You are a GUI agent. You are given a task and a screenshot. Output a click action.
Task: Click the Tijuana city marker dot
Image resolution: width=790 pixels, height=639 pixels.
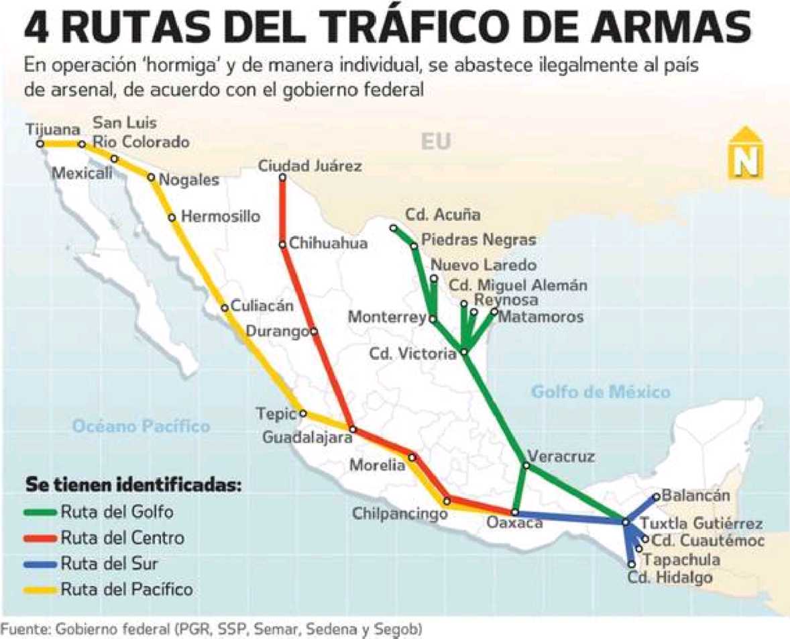40,144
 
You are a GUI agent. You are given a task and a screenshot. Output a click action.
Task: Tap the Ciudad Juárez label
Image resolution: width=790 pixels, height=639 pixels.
310,166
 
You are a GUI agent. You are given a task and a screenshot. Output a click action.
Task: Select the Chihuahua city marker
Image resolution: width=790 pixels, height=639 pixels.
283,245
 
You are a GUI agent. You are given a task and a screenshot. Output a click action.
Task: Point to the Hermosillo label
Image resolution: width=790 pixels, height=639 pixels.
220,217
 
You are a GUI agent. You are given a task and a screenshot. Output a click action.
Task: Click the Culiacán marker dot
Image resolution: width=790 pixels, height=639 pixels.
225,309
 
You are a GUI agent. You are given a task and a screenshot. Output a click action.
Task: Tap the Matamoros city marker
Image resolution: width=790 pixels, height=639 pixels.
494,311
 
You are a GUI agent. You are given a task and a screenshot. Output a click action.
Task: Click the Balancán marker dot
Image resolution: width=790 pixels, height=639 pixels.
656,497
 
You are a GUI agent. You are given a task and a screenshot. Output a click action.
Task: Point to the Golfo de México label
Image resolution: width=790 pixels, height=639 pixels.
600,392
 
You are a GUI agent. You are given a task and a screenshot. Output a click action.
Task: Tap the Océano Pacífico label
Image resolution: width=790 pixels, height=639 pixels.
142,426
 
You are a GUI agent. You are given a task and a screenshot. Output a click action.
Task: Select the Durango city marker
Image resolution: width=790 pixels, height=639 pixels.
313,331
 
